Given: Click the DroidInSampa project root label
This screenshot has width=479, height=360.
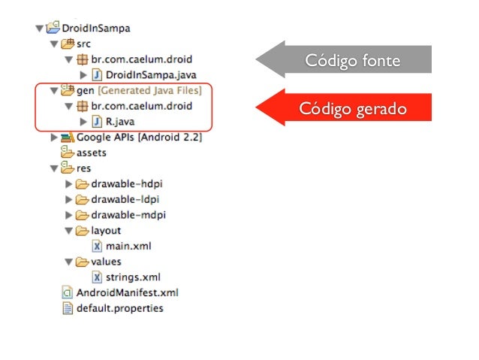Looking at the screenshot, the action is point(95,29).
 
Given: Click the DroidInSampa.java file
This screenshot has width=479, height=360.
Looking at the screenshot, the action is point(140,75).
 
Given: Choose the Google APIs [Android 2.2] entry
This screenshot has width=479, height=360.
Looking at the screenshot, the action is point(138,137).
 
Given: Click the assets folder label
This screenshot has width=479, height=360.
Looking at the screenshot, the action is point(91,153).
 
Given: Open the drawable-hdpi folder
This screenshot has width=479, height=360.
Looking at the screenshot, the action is point(128,183).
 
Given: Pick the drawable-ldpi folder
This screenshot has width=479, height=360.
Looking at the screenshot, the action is point(126,199).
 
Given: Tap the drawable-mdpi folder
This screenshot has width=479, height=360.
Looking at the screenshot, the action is point(128,215).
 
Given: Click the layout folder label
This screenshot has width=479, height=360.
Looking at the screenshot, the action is point(106,230).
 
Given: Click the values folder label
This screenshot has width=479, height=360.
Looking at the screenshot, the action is point(106,262).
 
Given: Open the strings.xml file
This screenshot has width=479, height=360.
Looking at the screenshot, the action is point(132,277).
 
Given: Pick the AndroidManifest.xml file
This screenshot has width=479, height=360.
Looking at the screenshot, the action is point(127,292).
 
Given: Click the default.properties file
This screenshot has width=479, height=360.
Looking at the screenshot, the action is point(119,307).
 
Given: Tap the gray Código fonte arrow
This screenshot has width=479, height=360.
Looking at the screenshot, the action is point(345,61).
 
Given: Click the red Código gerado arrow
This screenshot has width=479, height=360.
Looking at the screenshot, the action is point(345,108).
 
